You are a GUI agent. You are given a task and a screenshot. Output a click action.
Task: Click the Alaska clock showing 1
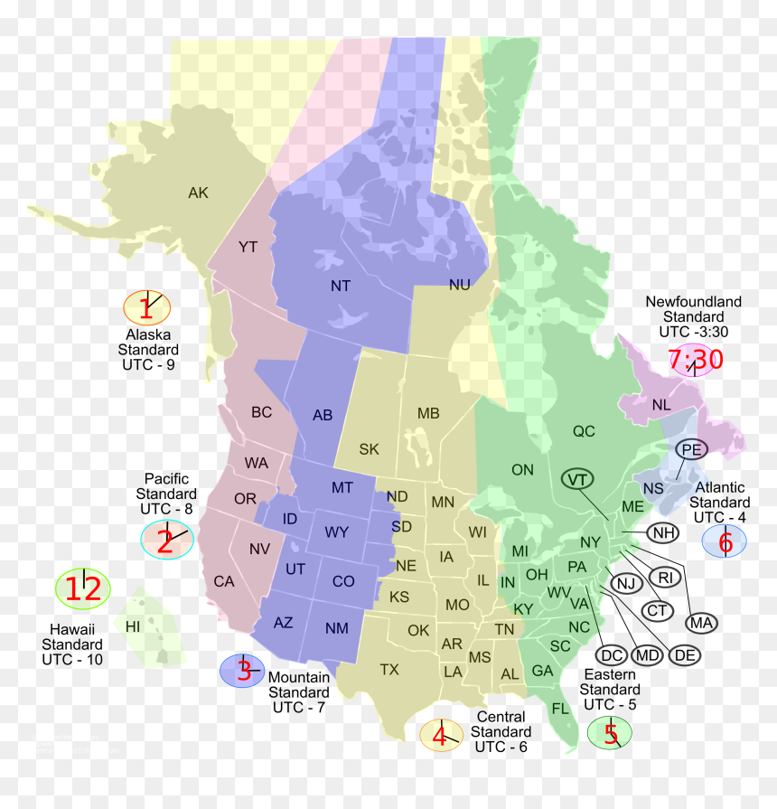pyautogui.click(x=147, y=308)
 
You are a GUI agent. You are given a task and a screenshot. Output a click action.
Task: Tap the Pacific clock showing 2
pyautogui.click(x=167, y=541)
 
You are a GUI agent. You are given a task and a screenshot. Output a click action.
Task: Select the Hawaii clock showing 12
pyautogui.click(x=82, y=589)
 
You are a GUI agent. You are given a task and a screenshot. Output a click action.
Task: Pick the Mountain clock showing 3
pyautogui.click(x=242, y=671)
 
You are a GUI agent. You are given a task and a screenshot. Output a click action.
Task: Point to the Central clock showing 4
pyautogui.click(x=441, y=735)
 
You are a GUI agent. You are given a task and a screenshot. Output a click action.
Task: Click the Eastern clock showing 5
pyautogui.click(x=610, y=732)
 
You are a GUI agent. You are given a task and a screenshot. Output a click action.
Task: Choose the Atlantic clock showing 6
pyautogui.click(x=725, y=541)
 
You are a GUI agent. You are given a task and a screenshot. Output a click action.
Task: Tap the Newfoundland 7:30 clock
pyautogui.click(x=696, y=361)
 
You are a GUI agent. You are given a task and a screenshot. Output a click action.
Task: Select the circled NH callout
pyautogui.click(x=663, y=532)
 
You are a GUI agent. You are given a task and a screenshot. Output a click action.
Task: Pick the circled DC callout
pyautogui.click(x=612, y=654)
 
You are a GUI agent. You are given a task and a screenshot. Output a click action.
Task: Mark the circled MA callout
pyautogui.click(x=700, y=622)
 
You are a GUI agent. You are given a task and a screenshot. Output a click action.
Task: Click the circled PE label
pyautogui.click(x=691, y=449)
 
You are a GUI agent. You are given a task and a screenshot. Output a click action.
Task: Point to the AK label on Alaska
pyautogui.click(x=198, y=193)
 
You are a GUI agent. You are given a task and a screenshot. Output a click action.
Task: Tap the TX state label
pyautogui.click(x=389, y=670)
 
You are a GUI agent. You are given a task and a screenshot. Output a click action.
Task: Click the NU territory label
pyautogui.click(x=460, y=285)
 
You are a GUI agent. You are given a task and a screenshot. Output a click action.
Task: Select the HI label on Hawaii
pyautogui.click(x=133, y=626)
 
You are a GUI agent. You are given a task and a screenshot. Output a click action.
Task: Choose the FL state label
pyautogui.click(x=561, y=709)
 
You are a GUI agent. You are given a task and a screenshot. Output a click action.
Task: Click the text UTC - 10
pyautogui.click(x=72, y=660)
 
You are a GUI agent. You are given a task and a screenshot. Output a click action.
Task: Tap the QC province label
pyautogui.click(x=584, y=431)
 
